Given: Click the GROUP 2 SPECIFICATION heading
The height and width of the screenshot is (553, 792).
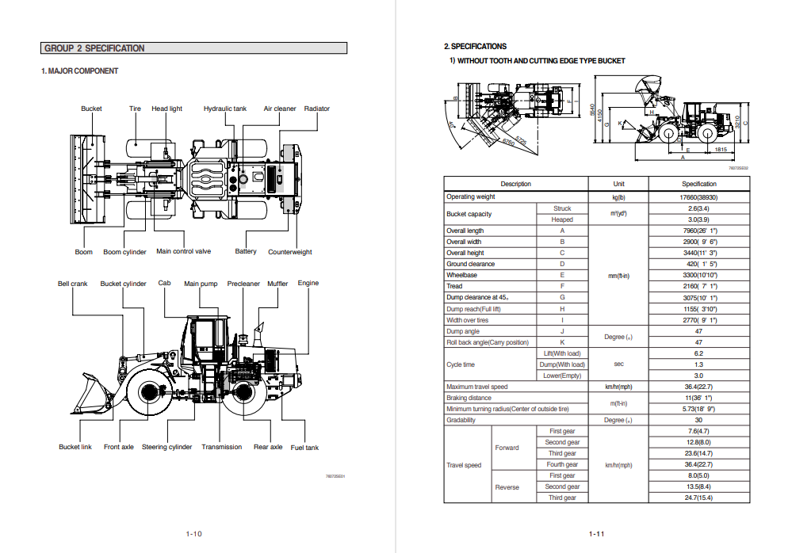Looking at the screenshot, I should pyautogui.click(x=94, y=48).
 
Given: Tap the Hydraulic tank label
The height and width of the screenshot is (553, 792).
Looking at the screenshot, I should pyautogui.click(x=225, y=109).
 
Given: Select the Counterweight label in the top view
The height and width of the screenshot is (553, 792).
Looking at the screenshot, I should pyautogui.click(x=290, y=252).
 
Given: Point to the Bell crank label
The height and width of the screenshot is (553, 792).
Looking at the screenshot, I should pyautogui.click(x=73, y=284).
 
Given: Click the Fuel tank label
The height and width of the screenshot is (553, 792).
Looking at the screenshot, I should pyautogui.click(x=304, y=448).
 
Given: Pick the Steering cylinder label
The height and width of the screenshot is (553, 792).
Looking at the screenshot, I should pyautogui.click(x=166, y=447).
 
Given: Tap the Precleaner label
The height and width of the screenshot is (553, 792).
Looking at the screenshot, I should pyautogui.click(x=243, y=284).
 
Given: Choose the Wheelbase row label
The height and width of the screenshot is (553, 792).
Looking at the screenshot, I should pyautogui.click(x=461, y=275).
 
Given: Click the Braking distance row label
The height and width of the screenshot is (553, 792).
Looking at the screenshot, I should pyautogui.click(x=469, y=398).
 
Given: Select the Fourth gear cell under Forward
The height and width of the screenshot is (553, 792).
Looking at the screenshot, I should pyautogui.click(x=562, y=464).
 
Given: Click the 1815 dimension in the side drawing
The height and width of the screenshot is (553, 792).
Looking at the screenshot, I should pyautogui.click(x=721, y=149).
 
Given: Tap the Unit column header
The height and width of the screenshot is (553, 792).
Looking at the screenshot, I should pyautogui.click(x=619, y=184).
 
